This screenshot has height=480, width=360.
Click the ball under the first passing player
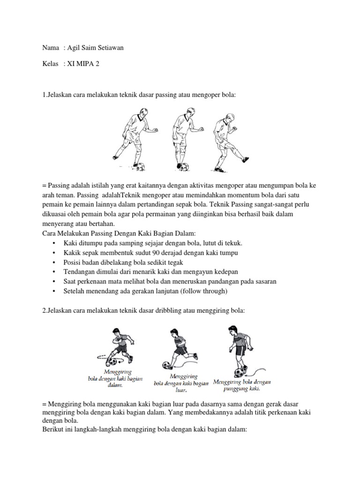(x=139, y=165)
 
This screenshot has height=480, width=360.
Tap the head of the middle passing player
(x=178, y=105)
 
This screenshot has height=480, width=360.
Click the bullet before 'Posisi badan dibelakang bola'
(x=55, y=262)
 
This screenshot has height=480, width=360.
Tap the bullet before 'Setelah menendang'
(x=55, y=291)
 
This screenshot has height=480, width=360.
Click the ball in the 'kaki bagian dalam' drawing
(x=112, y=362)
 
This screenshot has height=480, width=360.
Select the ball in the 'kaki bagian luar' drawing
(x=166, y=365)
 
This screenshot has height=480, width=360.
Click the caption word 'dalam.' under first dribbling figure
(x=115, y=385)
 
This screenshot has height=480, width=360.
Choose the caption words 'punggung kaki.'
(x=242, y=389)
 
